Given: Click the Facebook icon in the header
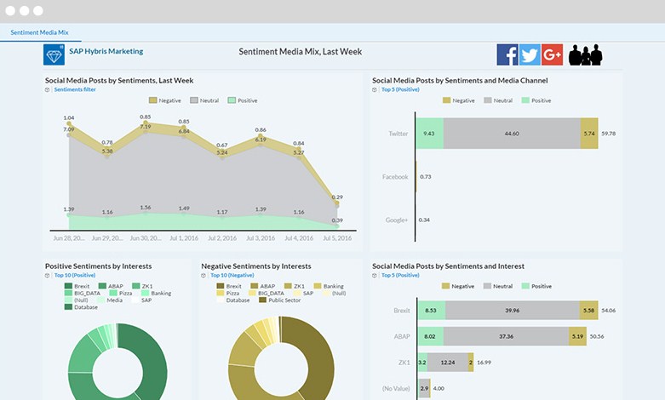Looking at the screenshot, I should pos(507,54).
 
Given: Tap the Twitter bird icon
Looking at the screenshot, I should pos(530,54).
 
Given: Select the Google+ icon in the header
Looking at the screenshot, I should pos(552,54).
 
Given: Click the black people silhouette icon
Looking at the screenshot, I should pos(586,55).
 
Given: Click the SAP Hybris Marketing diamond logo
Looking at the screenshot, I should pos(54,54).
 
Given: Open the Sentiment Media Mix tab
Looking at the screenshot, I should pos(39,32).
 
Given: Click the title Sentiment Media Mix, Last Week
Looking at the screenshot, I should pos(301,52).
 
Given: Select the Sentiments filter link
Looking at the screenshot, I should pos(74,89).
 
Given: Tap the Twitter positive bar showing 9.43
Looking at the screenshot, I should pos(430,134).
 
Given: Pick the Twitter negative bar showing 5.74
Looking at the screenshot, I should pos(589,134).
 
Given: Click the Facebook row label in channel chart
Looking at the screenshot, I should pos(394,177).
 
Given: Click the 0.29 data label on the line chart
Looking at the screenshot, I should pos(337,197).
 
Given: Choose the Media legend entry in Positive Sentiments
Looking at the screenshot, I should pos(113,300).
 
